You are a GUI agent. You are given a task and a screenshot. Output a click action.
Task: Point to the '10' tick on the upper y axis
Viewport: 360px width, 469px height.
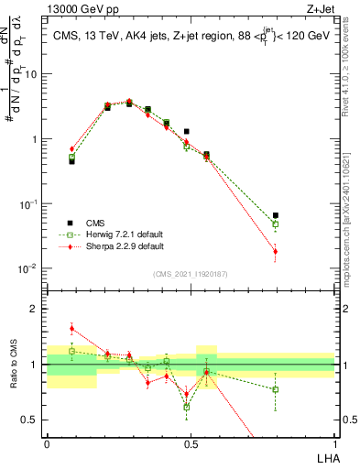pos(30,74)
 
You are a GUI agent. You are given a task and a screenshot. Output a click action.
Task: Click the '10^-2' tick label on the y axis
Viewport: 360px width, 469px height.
pos(27,268)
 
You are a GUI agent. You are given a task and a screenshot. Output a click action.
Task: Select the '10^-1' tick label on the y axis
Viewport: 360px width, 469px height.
pos(27,203)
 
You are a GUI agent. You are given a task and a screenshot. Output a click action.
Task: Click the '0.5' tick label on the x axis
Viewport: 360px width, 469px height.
pos(191,442)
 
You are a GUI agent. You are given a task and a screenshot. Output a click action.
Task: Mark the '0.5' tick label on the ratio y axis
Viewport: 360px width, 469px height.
pos(31,420)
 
